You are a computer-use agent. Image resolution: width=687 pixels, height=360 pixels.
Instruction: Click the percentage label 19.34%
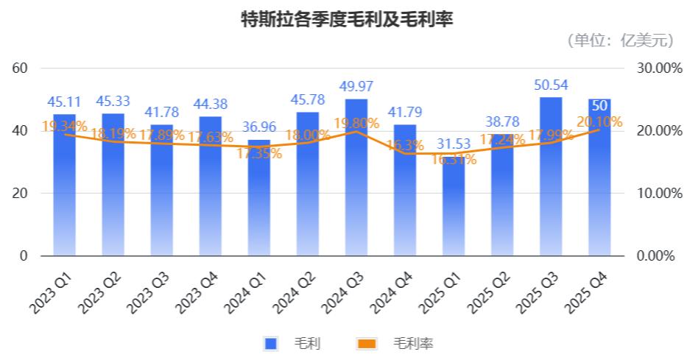[65, 126]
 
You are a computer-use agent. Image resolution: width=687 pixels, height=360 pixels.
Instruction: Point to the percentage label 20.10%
[601, 121]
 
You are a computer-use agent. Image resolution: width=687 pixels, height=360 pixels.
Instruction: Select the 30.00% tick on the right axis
[655, 68]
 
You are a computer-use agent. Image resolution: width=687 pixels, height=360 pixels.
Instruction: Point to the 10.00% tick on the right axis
[655, 194]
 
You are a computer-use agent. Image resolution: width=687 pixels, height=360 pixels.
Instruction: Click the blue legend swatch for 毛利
[270, 344]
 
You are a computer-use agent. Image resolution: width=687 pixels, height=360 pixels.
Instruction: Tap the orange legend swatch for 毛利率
[366, 344]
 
